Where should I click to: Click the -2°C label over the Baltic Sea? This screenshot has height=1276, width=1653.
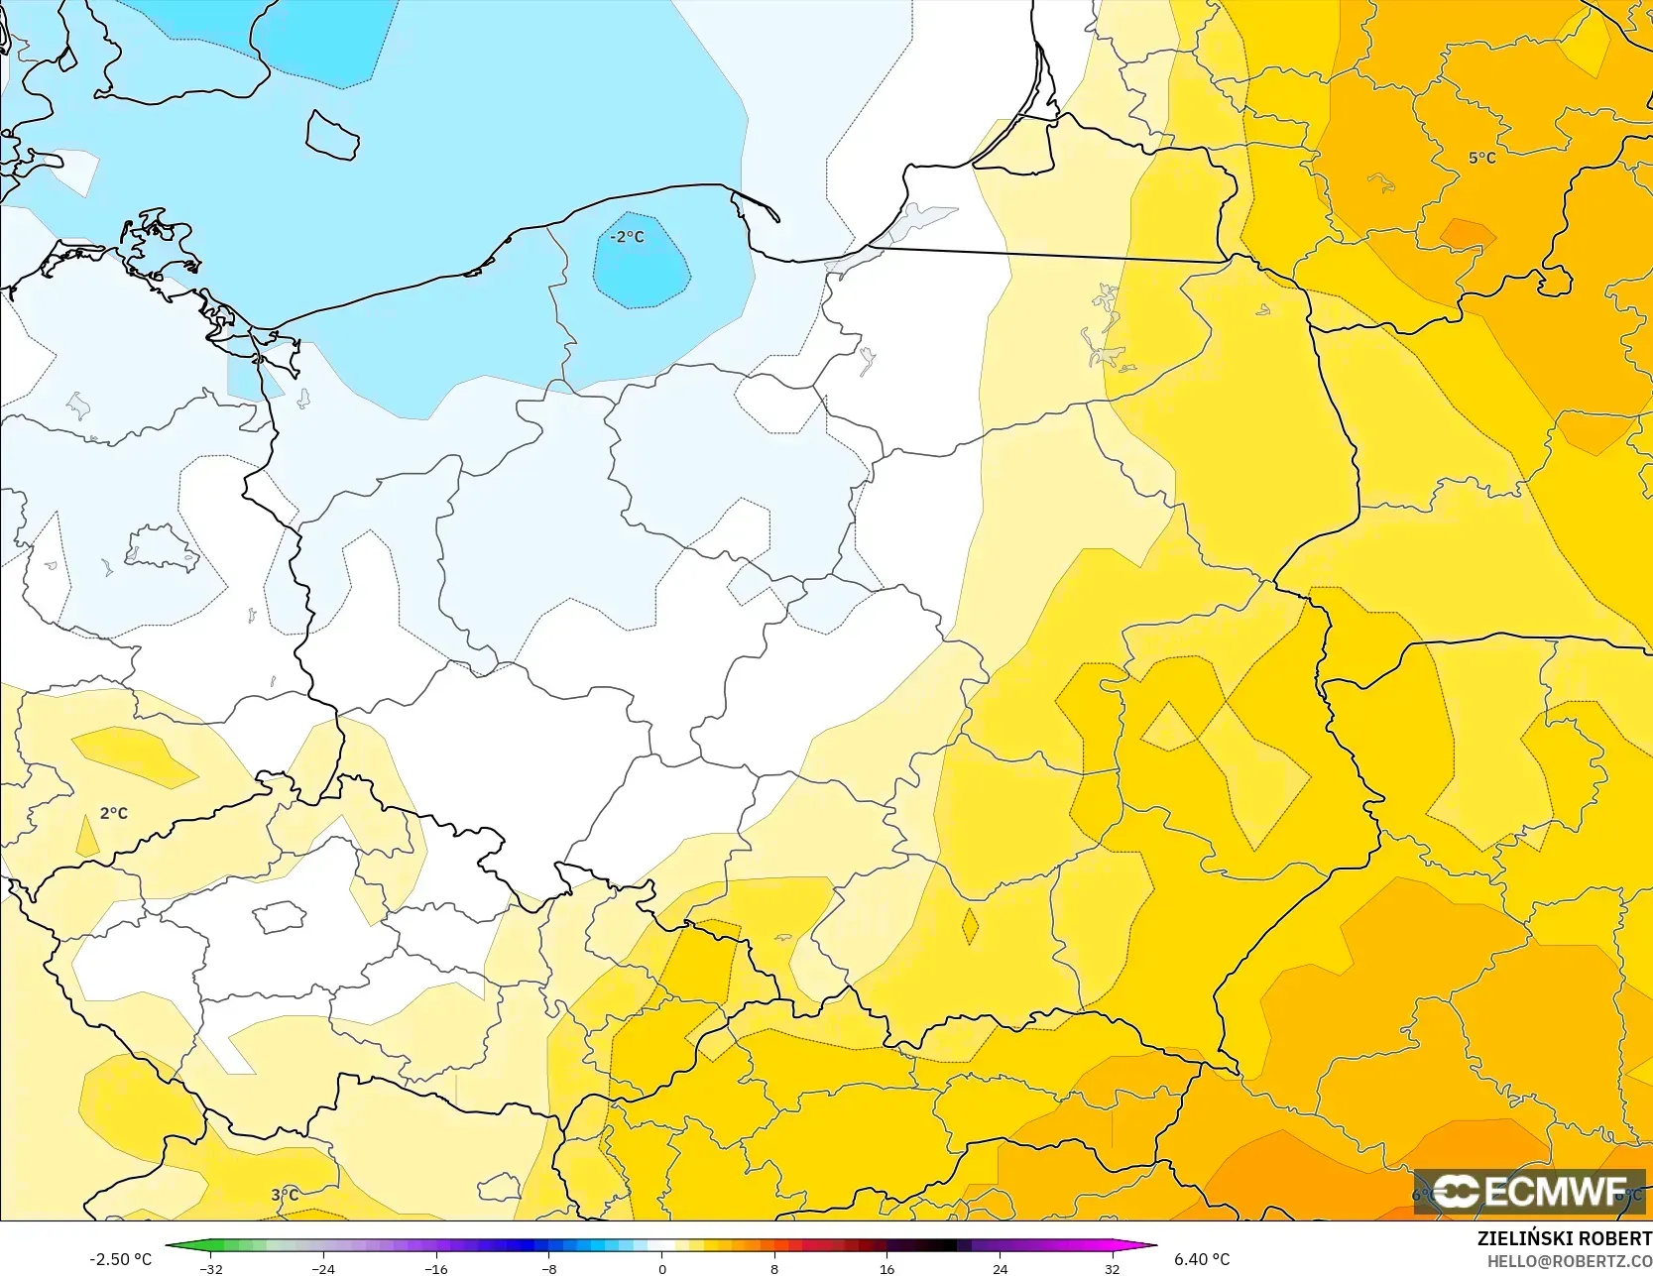point(627,237)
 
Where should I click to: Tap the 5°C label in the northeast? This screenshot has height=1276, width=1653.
point(1482,158)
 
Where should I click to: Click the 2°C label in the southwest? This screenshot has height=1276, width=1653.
point(114,813)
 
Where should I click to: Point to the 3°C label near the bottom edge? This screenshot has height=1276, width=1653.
point(285,1195)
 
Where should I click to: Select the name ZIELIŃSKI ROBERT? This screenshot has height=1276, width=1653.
point(1564,1239)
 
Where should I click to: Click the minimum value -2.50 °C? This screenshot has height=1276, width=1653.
point(121,1259)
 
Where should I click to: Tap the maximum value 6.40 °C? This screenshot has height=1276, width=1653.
point(1202,1259)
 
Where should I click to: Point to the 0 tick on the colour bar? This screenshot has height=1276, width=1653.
point(661,1269)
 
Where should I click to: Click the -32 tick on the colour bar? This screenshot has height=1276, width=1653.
point(210,1269)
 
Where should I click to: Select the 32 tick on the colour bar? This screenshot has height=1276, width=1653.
point(1113,1269)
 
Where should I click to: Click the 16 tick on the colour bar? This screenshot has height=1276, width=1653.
point(886,1269)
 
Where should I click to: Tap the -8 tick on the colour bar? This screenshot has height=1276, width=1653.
point(548,1269)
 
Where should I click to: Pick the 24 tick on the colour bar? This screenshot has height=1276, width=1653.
point(1000,1269)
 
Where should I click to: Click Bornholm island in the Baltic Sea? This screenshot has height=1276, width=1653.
point(331,135)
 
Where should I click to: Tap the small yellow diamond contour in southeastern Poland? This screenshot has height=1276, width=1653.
point(970,927)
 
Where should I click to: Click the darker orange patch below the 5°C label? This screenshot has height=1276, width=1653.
point(1467,234)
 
